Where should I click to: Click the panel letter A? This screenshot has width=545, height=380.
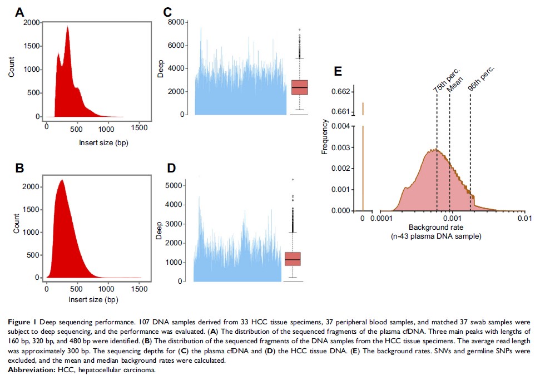(x=20, y=12)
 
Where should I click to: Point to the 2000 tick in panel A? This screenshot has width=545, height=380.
(x=32, y=22)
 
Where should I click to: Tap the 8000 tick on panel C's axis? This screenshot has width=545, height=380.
(x=177, y=22)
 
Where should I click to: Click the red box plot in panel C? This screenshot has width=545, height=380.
(x=299, y=87)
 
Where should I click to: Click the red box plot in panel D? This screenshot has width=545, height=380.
(x=293, y=259)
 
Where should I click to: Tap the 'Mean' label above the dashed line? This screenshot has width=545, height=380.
(x=451, y=87)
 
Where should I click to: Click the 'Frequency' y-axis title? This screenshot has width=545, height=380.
(x=325, y=142)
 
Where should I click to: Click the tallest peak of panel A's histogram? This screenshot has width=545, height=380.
(x=68, y=28)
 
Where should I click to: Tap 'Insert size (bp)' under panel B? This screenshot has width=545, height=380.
(x=93, y=299)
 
